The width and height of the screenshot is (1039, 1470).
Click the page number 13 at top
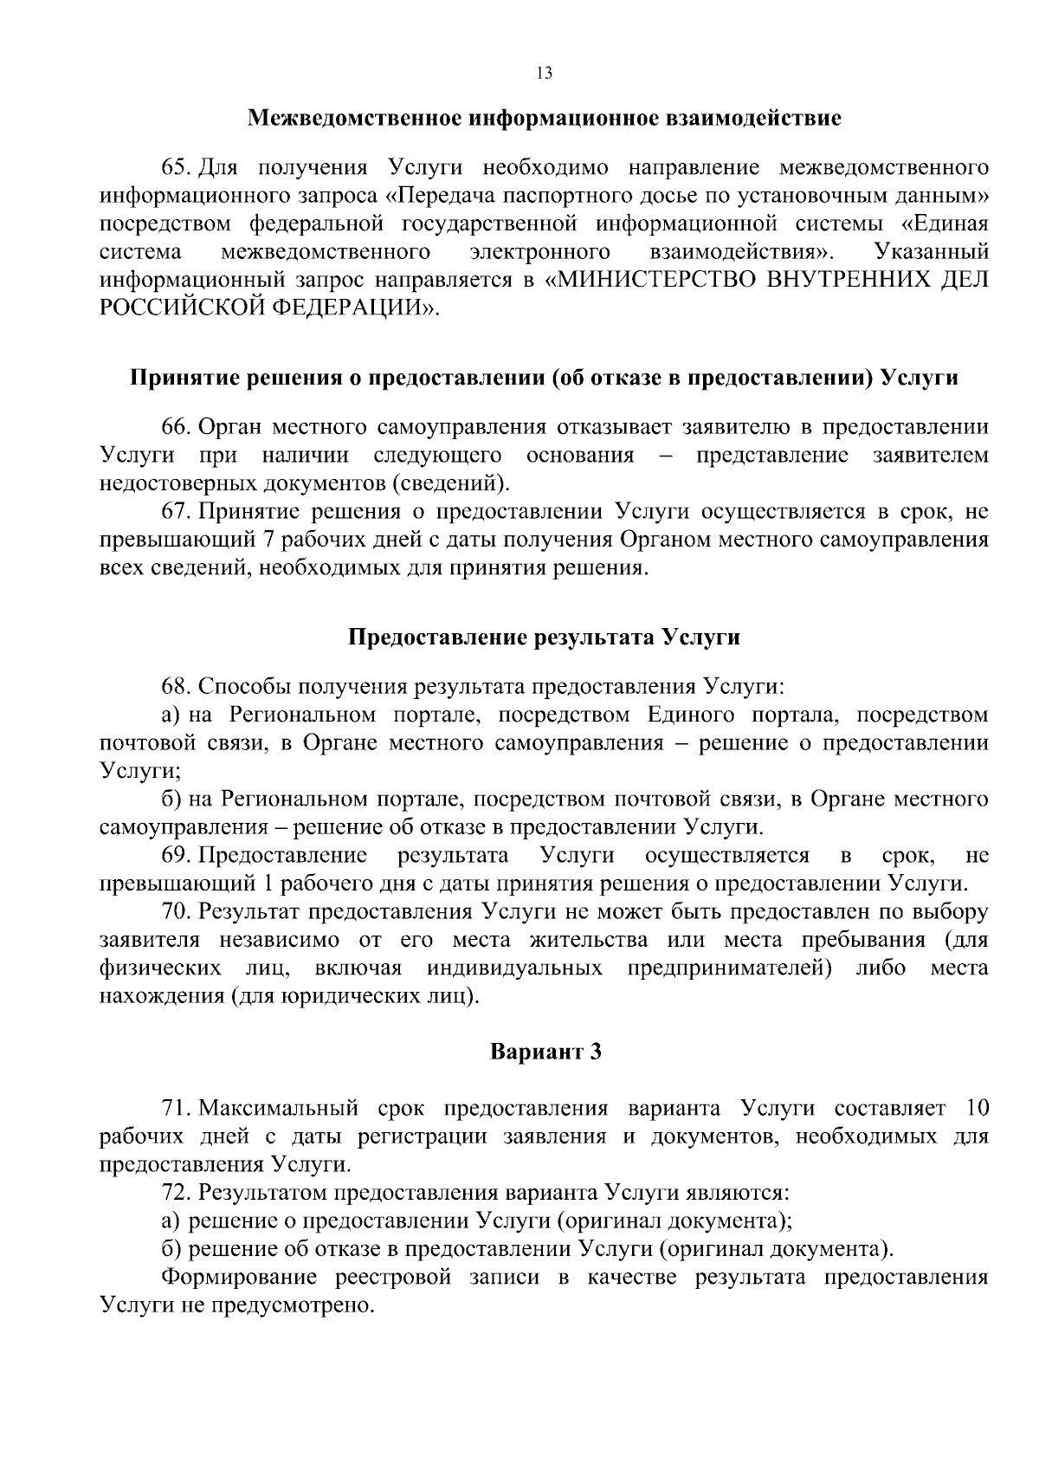[x=544, y=73]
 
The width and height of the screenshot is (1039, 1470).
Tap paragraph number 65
[x=174, y=167]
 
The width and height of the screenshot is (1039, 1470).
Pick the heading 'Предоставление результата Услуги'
[x=544, y=638]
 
